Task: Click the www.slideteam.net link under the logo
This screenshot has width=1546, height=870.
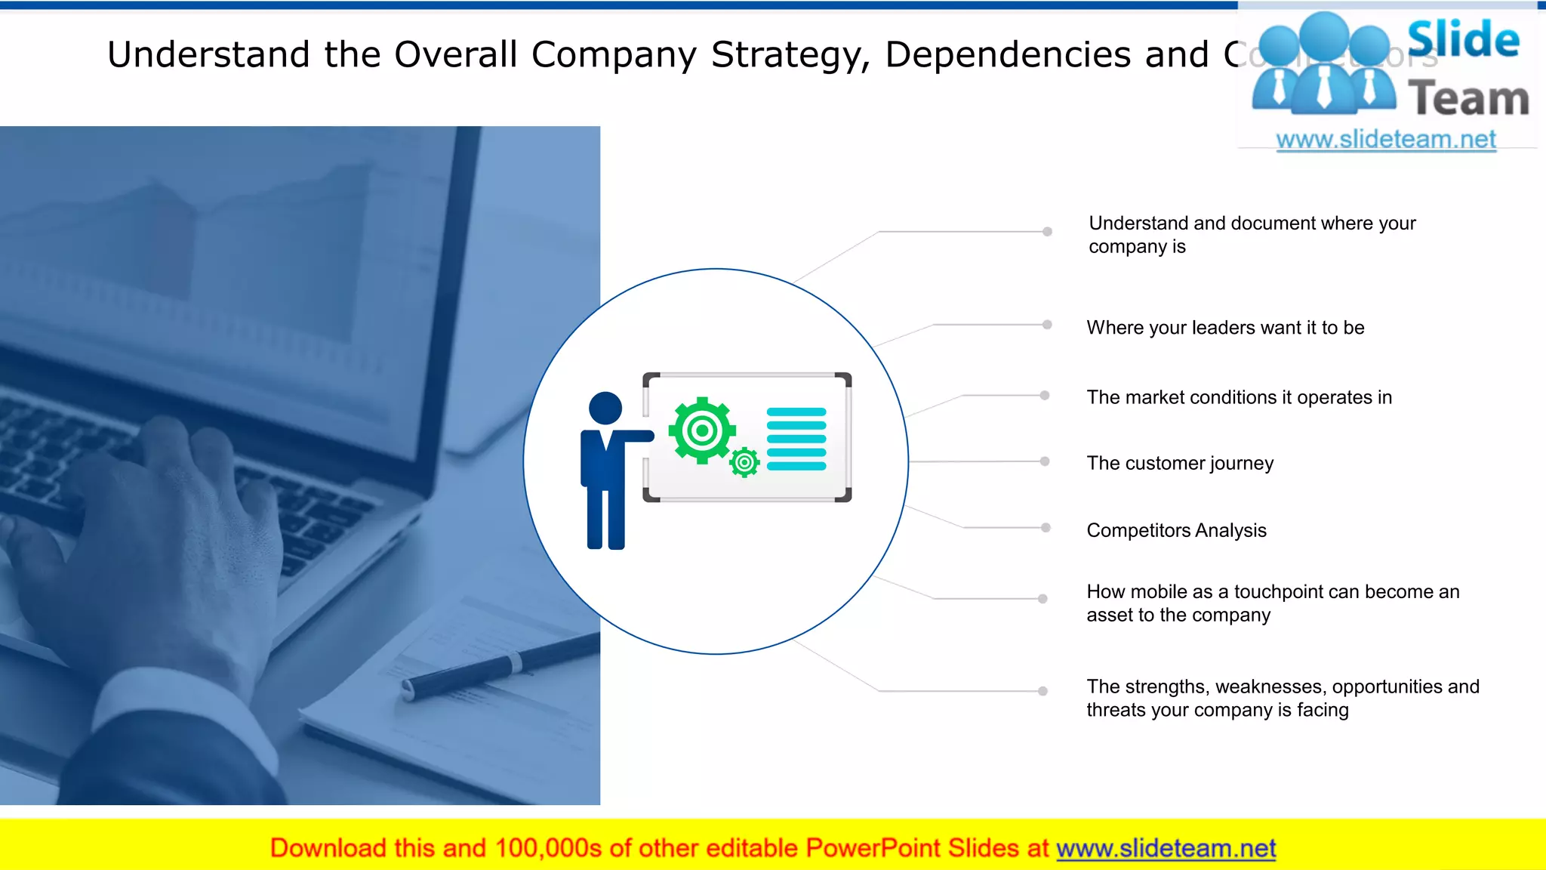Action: click(x=1386, y=140)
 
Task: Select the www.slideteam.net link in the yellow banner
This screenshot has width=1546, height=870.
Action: click(x=1166, y=849)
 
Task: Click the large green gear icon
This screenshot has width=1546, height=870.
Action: click(x=702, y=430)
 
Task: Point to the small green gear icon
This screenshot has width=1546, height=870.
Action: click(x=744, y=462)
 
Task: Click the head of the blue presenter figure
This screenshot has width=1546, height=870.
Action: click(x=605, y=409)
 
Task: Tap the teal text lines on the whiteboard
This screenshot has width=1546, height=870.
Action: click(x=796, y=439)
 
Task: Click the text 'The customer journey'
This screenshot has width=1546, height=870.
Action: click(x=1180, y=463)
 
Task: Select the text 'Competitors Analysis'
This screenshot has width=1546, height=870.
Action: click(x=1176, y=530)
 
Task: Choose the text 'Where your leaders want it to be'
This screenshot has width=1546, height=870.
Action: click(x=1225, y=328)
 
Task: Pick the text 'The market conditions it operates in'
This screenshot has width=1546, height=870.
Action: click(x=1239, y=397)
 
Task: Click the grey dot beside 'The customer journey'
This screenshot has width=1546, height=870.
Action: click(x=1045, y=461)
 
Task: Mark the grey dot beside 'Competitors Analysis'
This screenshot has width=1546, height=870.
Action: click(x=1046, y=528)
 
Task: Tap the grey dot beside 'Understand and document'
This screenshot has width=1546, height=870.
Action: click(x=1047, y=232)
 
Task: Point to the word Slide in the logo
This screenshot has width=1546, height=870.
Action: click(x=1463, y=39)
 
